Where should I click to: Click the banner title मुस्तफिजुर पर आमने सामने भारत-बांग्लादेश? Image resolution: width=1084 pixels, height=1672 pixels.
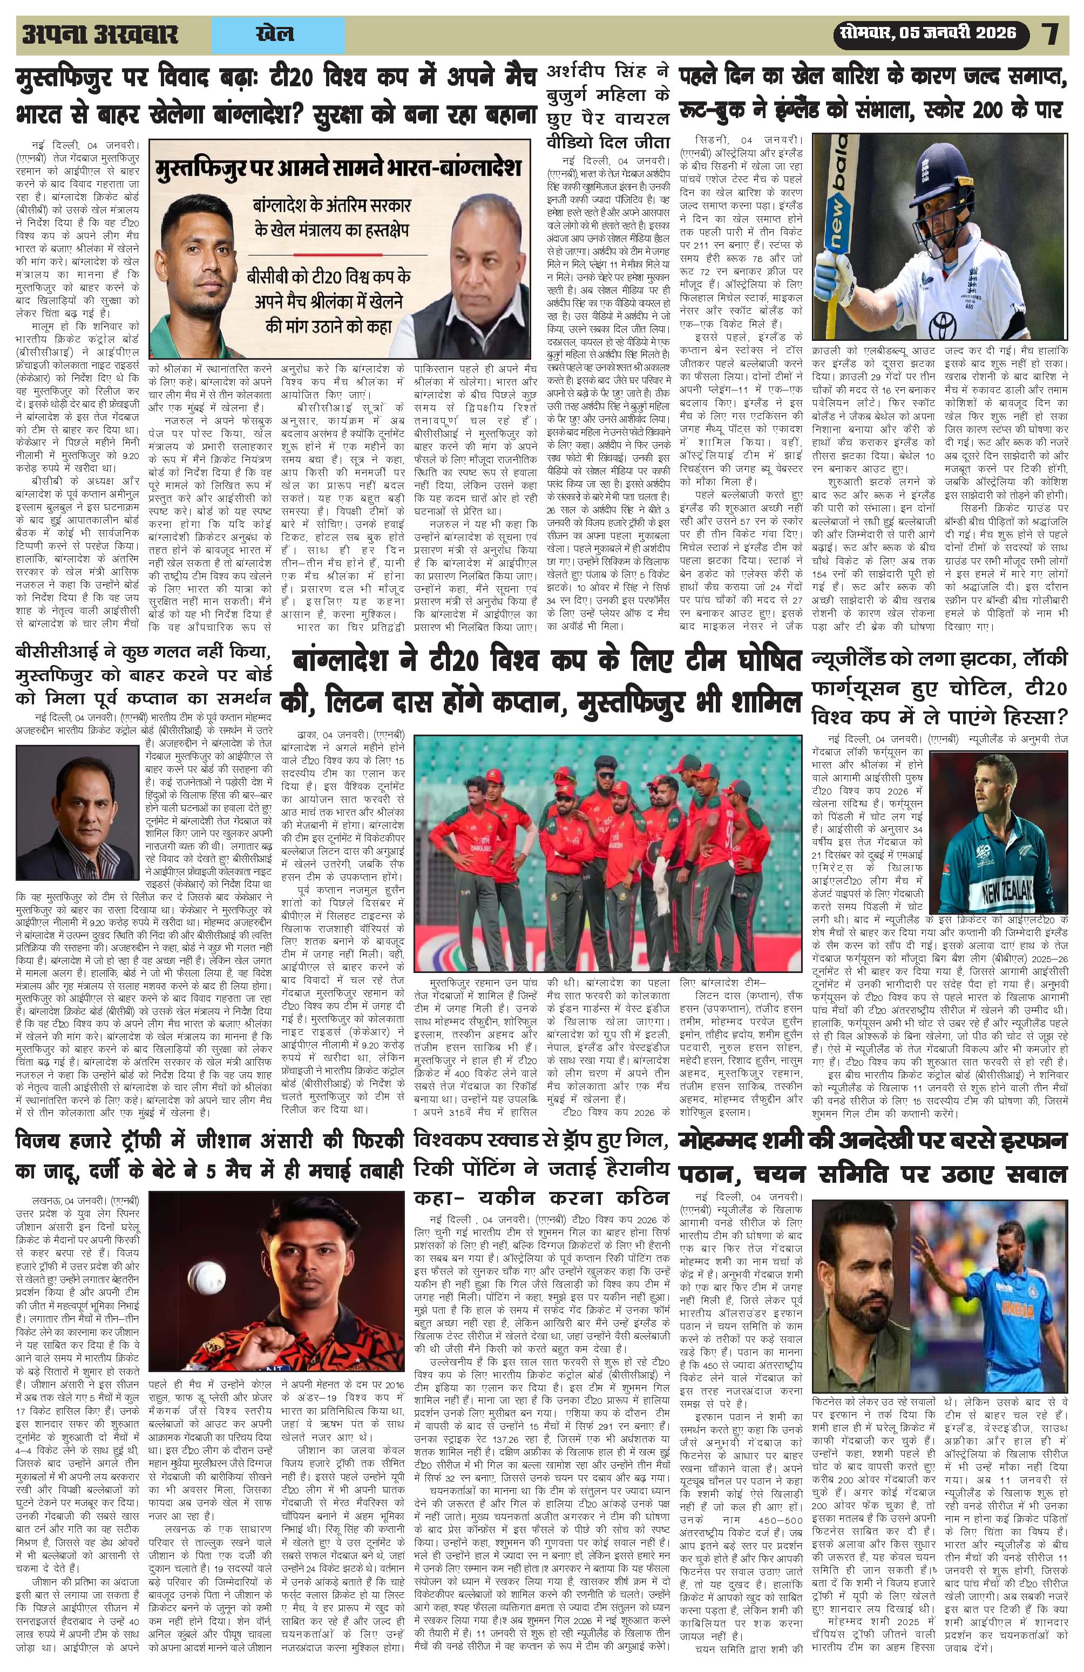point(339,169)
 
